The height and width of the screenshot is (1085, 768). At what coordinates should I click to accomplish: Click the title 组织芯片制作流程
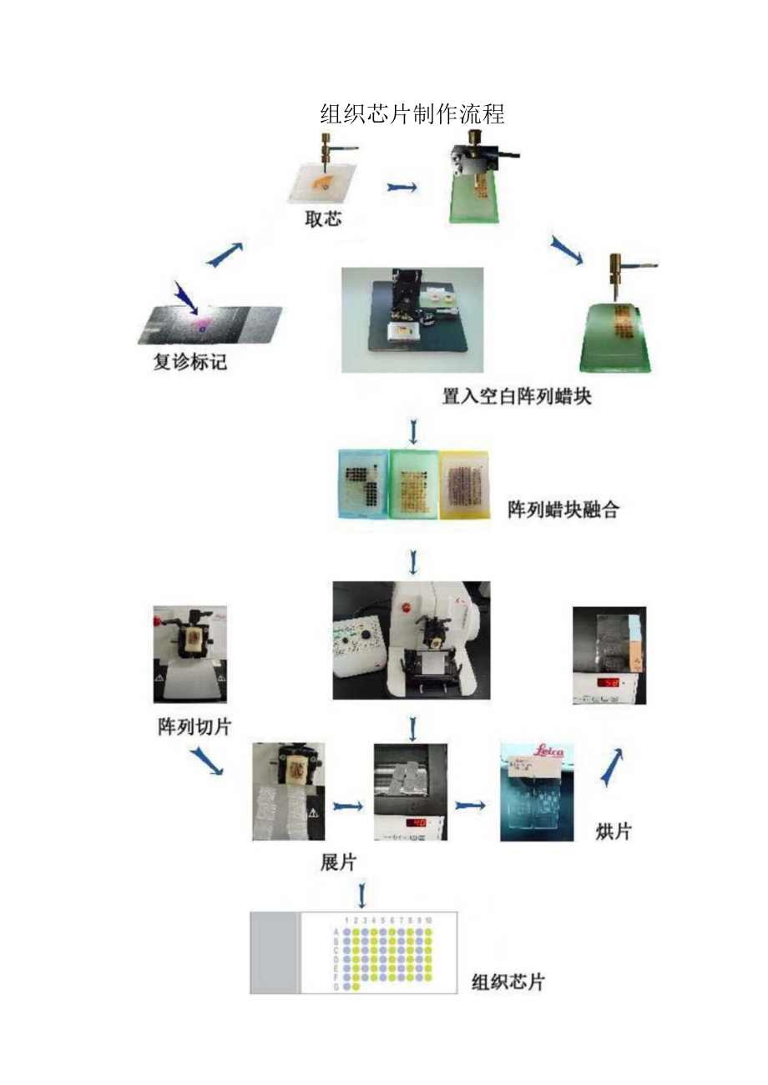(412, 114)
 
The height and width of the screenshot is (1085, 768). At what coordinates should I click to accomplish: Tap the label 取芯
(322, 220)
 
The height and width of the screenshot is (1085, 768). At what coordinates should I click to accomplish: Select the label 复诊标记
(189, 363)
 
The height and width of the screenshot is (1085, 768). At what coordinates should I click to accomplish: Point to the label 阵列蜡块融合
(563, 510)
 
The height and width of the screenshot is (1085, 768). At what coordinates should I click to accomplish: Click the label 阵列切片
(194, 726)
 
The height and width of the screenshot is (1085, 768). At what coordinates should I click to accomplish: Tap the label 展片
(339, 862)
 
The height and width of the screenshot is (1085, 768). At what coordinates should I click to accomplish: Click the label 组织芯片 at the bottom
(508, 982)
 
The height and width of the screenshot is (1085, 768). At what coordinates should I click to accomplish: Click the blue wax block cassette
(363, 485)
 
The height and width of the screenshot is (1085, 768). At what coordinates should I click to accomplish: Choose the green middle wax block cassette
(415, 485)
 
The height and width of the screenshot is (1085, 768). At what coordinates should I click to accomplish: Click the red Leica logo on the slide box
(548, 751)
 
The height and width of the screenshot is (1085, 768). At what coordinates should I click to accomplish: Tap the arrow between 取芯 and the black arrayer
(402, 188)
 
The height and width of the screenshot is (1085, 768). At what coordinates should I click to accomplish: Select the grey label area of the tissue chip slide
(275, 952)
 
